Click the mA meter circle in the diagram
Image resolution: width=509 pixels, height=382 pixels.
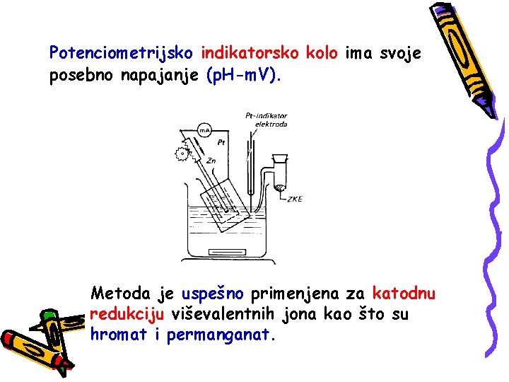pyautogui.click(x=204, y=131)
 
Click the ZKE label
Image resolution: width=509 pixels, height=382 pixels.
pyautogui.click(x=294, y=199)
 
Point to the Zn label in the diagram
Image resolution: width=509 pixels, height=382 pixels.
pyautogui.click(x=211, y=161)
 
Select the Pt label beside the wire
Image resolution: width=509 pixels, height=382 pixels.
pyautogui.click(x=222, y=142)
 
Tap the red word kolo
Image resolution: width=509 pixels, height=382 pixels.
pyautogui.click(x=322, y=52)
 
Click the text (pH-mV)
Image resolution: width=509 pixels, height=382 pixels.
pyautogui.click(x=242, y=75)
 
